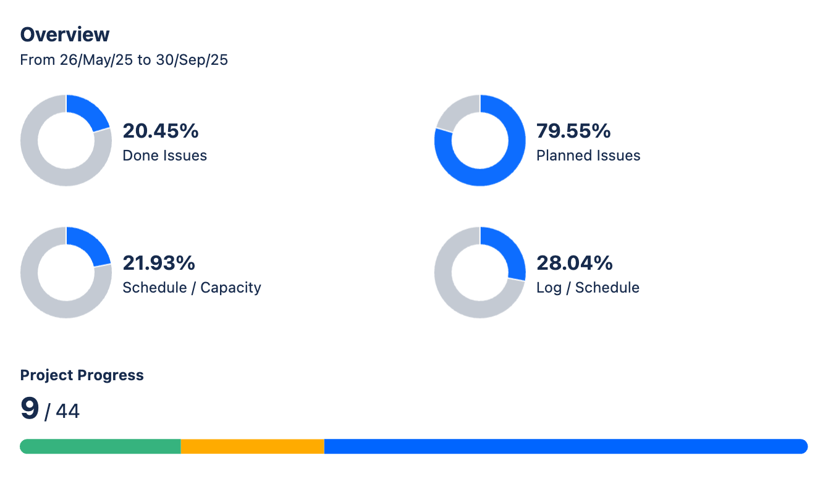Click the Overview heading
pyautogui.click(x=65, y=35)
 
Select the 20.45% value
pyautogui.click(x=161, y=131)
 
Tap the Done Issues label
pyautogui.click(x=164, y=156)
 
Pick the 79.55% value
pyautogui.click(x=573, y=131)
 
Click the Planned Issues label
pyautogui.click(x=588, y=156)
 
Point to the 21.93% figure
pyautogui.click(x=159, y=263)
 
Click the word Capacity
pyautogui.click(x=230, y=288)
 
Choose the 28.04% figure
pyautogui.click(x=574, y=263)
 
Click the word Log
pyautogui.click(x=549, y=288)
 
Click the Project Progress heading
pyautogui.click(x=82, y=375)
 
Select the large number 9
pyautogui.click(x=30, y=409)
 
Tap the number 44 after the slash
pyautogui.click(x=67, y=411)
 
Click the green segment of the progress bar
pyautogui.click(x=100, y=446)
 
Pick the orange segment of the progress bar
pyautogui.click(x=252, y=446)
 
